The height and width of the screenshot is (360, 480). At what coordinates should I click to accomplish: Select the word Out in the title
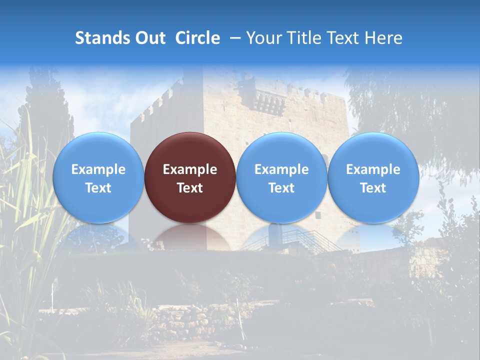150,38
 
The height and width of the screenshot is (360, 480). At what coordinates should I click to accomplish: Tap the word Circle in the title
197,38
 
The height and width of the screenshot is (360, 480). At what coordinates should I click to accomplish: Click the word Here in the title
383,38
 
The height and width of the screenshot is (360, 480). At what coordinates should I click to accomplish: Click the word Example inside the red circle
190,169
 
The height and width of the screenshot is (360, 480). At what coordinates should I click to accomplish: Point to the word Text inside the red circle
190,188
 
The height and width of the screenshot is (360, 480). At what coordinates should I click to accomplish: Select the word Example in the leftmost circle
98,169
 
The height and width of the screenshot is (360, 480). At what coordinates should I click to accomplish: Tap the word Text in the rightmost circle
373,188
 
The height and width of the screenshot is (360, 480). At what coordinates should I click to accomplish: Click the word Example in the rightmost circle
373,169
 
